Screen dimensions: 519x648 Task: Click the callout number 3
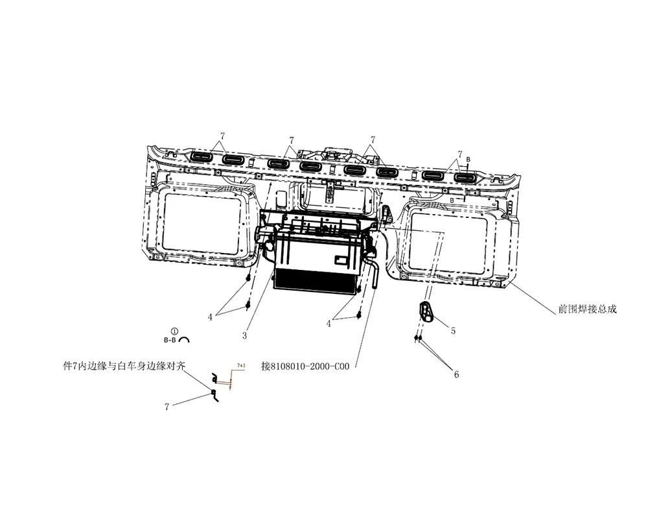click(245, 335)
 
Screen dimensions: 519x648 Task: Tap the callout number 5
click(453, 331)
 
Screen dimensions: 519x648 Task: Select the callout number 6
click(456, 374)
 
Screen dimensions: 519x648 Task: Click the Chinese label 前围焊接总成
click(587, 309)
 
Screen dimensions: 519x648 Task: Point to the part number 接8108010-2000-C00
click(305, 366)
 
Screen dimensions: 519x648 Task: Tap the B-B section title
click(170, 339)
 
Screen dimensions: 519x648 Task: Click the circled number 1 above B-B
click(174, 331)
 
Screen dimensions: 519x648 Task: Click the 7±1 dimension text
click(241, 367)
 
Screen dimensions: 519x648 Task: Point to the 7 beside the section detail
click(167, 407)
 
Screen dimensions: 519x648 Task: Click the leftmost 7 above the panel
click(222, 136)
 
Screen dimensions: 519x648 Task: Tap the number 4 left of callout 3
click(210, 317)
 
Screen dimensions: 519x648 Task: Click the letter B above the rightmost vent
click(469, 159)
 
